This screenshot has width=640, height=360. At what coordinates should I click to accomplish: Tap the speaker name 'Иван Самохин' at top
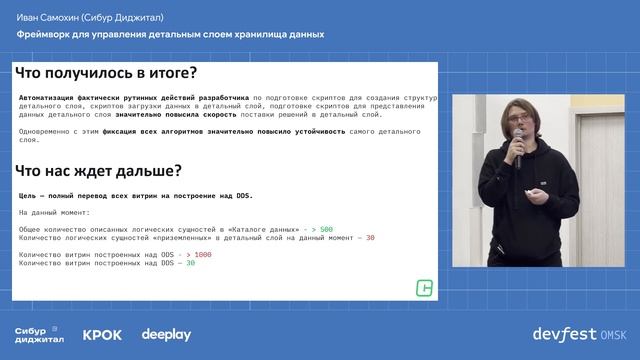[x=47, y=17]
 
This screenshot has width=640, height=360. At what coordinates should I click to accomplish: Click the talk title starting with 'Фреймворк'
[x=170, y=33]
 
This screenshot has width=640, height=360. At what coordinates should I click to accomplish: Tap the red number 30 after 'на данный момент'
[x=370, y=238]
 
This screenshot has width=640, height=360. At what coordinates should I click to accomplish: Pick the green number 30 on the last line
[x=191, y=262]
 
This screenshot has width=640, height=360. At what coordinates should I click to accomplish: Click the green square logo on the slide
[x=424, y=288]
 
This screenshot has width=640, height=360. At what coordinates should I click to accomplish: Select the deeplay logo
[x=166, y=335]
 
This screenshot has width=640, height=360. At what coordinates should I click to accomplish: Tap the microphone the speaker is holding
[x=519, y=152]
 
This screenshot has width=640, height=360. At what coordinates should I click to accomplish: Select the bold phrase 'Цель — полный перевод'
[x=70, y=197]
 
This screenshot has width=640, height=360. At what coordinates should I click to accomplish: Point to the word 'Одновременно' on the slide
[x=43, y=131]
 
